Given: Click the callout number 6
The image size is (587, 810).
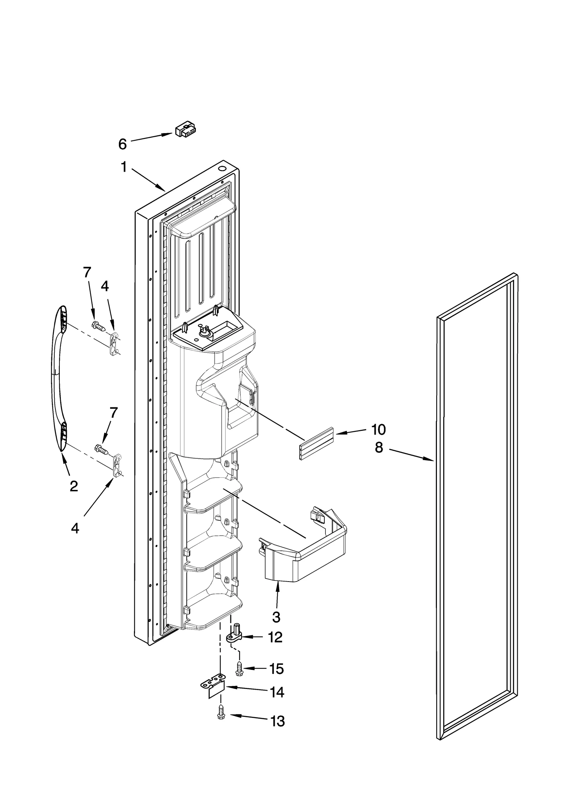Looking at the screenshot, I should click(122, 144).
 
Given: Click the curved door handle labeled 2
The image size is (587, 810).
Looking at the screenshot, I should click(56, 378).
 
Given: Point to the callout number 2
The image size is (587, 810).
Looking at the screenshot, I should click(73, 486).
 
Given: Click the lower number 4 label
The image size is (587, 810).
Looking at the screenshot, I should click(75, 528).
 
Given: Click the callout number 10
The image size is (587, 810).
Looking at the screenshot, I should click(378, 429).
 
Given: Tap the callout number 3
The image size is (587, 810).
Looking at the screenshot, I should click(276, 617).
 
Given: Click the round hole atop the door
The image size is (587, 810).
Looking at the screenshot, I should click(222, 169).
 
